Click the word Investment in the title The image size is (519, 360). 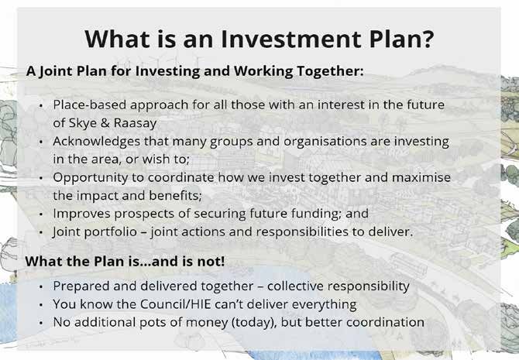(x=291, y=39)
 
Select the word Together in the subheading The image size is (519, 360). (x=331, y=71)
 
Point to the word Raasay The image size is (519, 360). (x=135, y=123)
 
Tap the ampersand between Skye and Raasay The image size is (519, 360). (x=105, y=123)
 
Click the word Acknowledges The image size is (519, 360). (x=97, y=142)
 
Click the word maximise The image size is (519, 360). (x=421, y=177)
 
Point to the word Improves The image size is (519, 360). (x=82, y=214)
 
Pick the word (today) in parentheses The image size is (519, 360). (x=253, y=323)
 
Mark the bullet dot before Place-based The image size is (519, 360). (x=41, y=105)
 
